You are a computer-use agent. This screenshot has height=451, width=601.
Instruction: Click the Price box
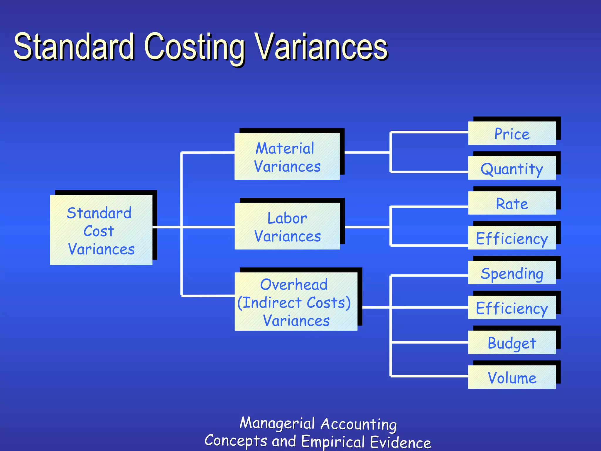pos(512,134)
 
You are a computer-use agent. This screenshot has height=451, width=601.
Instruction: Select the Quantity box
pos(512,168)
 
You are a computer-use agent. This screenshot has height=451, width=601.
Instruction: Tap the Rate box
pos(512,203)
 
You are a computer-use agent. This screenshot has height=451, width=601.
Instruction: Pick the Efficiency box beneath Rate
pos(512,238)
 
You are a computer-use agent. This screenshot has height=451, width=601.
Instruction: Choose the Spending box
pos(512,273)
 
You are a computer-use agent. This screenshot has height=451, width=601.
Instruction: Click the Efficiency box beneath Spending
pos(512,308)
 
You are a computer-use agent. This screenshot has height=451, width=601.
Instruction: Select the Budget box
pos(512,342)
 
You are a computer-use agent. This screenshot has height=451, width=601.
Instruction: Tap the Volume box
pos(512,377)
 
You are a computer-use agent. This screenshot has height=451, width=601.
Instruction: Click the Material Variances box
pos(287,156)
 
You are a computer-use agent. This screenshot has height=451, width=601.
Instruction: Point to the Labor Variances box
pos(287,226)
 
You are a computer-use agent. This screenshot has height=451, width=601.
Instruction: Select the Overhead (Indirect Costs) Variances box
pos(296,302)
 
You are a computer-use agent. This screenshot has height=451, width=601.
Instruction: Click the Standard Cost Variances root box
pos(101,230)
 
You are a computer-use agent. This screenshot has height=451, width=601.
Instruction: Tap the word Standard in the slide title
pos(74,47)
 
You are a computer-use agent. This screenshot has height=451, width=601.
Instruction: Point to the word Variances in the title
pos(321,47)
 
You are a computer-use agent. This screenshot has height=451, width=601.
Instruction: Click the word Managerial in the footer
pos(277,423)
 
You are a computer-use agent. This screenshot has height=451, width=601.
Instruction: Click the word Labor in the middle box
pos(287,218)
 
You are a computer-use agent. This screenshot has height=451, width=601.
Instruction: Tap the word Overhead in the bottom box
pos(294,284)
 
